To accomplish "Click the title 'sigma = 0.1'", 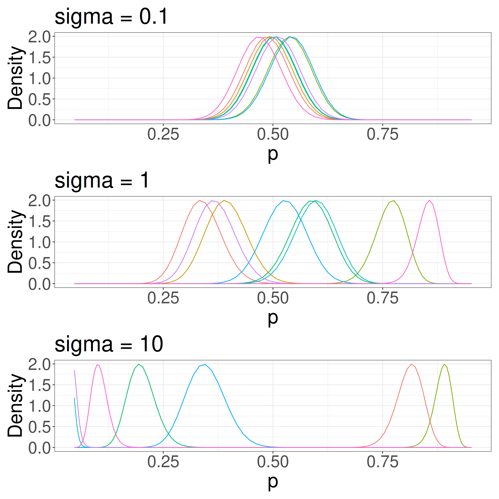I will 111,17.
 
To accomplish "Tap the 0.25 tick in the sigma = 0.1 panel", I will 163,135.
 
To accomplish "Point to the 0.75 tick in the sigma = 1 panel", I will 383,298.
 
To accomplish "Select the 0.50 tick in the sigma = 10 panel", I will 273,462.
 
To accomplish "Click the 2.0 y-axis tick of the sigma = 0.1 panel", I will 39,37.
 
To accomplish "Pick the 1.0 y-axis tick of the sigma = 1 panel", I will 39,242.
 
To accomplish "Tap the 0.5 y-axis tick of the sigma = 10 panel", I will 39,427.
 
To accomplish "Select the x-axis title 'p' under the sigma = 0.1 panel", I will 273,154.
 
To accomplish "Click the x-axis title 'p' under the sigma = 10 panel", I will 273,482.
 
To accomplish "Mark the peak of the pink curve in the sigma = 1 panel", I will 430,200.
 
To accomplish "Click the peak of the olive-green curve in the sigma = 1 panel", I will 394,201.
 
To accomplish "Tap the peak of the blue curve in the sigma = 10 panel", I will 205,364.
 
